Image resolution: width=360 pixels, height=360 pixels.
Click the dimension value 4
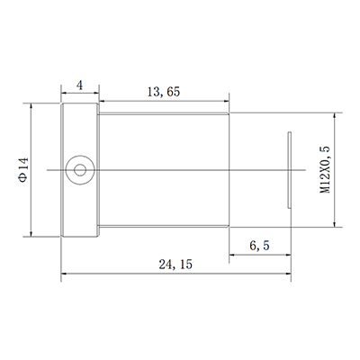tap(80, 85)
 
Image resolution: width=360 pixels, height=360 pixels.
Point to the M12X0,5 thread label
tap(326, 167)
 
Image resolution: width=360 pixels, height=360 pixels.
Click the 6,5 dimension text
tap(259, 245)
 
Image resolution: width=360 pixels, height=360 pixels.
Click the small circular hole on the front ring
tap(81, 168)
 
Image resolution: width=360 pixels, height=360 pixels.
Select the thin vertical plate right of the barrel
tap(289, 169)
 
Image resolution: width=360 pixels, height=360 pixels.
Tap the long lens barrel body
tap(165, 168)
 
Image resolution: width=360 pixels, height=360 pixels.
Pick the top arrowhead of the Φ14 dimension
tap(33, 106)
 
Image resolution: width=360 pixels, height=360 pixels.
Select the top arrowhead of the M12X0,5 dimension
tap(336, 114)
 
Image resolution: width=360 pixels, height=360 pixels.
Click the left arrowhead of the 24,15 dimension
tap(63, 273)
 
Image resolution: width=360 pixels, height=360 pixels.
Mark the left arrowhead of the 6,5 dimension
tap(232, 253)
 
